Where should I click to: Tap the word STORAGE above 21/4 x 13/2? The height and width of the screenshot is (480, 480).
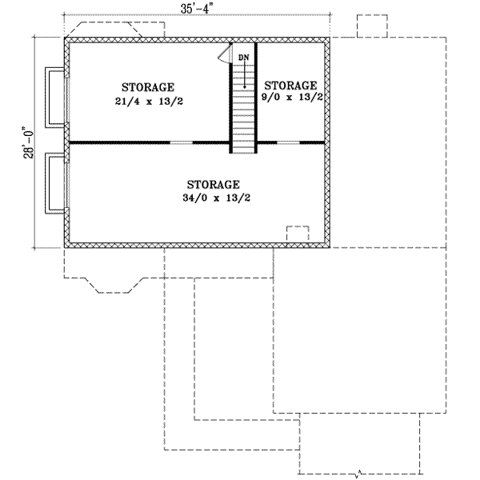click(x=147, y=86)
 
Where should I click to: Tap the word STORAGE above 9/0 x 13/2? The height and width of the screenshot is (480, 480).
click(x=290, y=85)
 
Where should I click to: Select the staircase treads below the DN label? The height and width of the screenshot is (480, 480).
click(x=243, y=112)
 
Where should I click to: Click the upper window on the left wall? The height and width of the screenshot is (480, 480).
click(x=55, y=96)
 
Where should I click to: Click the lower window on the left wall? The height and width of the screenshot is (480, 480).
click(x=55, y=182)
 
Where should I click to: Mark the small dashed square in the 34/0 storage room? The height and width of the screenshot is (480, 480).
click(x=298, y=234)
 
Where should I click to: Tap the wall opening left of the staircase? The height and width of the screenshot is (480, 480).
click(x=182, y=142)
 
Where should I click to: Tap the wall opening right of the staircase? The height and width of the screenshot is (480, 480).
click(x=288, y=142)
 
